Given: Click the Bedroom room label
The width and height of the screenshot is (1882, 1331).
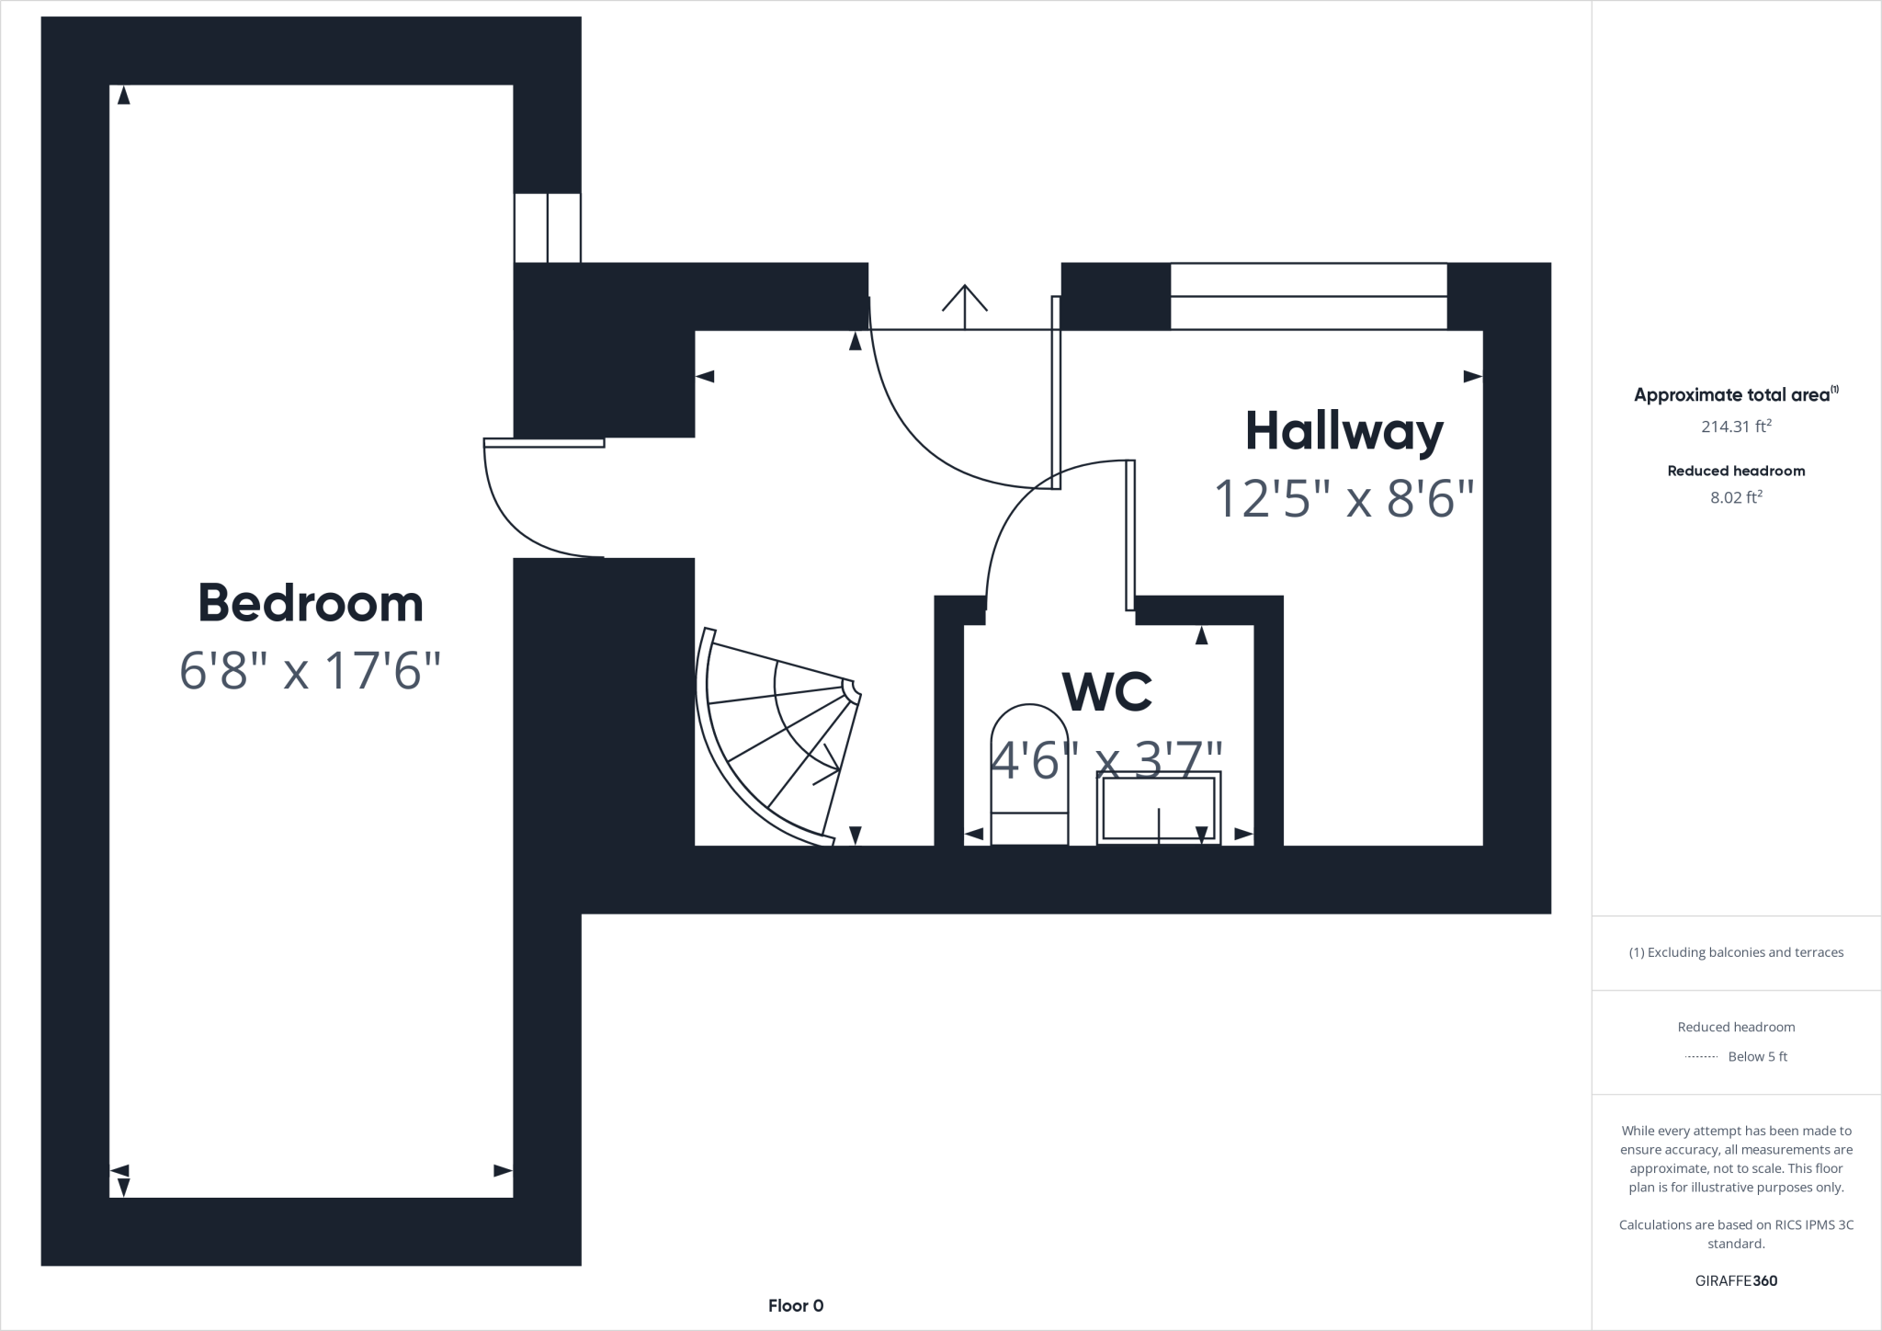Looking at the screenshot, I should click(x=311, y=604).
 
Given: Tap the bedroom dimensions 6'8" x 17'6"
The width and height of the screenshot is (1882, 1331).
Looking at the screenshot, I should click(x=311, y=671).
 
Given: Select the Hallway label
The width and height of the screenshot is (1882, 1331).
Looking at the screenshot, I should click(x=1343, y=432).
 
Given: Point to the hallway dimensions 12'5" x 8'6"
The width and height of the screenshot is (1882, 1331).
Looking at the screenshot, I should click(x=1343, y=499).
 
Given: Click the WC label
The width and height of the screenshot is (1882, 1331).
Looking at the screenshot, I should click(x=1106, y=692).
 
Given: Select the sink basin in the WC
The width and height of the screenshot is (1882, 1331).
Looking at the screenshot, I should click(x=1159, y=808).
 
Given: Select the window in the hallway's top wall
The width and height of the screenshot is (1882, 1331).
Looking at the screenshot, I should click(x=1308, y=296).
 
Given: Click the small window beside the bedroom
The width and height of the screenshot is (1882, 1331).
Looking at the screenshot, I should click(x=547, y=227).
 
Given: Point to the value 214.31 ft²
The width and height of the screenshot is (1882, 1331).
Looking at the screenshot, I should click(x=1736, y=427).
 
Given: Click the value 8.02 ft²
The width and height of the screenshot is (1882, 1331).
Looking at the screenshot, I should click(x=1736, y=497).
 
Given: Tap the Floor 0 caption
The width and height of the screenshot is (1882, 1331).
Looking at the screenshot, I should click(x=796, y=1305).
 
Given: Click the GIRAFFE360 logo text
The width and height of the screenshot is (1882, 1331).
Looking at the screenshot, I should click(x=1736, y=1280).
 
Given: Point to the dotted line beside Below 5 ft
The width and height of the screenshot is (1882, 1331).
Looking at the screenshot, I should click(x=1701, y=1057).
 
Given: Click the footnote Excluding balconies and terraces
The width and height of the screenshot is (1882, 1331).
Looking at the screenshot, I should click(x=1736, y=952).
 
